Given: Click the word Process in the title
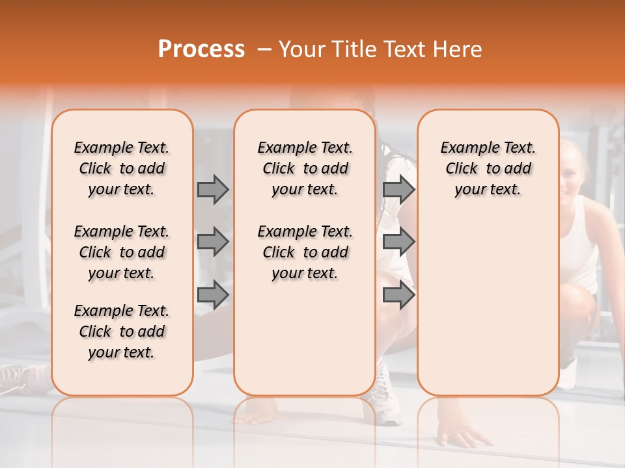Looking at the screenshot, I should pos(201,49).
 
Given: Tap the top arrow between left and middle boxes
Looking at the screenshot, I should pos(213,189).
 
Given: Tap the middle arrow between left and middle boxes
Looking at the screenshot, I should pos(213,242).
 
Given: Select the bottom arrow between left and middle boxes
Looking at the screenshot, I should pos(213,295).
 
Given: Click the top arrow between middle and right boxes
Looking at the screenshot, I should pos(398,189).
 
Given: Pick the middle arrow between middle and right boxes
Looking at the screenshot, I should pos(398,242).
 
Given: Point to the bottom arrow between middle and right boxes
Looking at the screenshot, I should pos(398,295).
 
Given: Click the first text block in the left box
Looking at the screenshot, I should pos(122,168).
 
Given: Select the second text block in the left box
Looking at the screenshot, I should pos(122,252).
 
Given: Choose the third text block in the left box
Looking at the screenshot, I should pos(122,331).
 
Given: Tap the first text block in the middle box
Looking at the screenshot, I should pos(305,168).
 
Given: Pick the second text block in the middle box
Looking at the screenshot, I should pos(305,252).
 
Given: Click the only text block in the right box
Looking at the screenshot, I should pos(488,168).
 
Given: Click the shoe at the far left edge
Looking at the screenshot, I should pos(23,378).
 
